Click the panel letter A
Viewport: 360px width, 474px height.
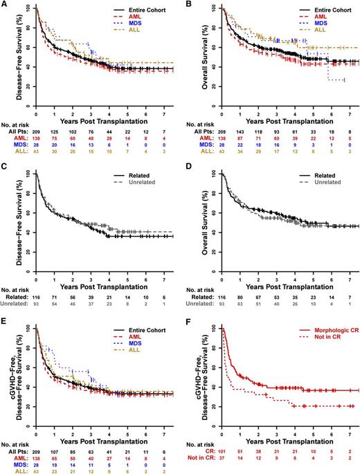(x=5, y=5)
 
